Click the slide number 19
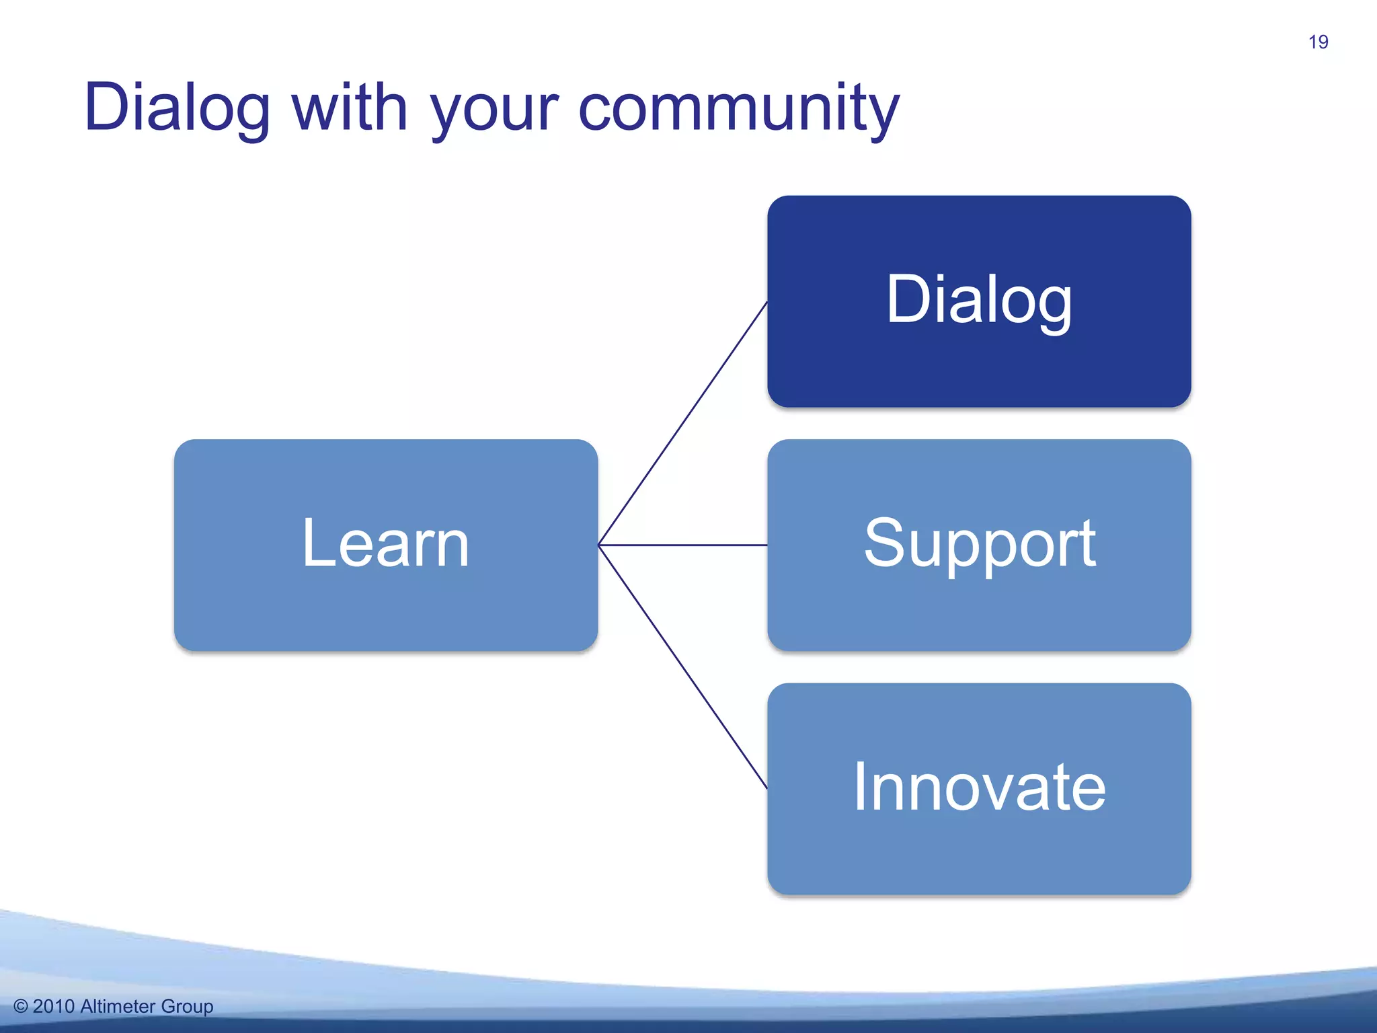point(1318,42)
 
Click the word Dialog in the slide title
point(178,108)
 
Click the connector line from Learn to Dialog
point(682,424)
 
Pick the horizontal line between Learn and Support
point(682,545)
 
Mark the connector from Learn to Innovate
point(682,666)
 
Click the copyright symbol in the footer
point(21,1007)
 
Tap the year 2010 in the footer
point(53,1006)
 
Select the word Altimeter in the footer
point(118,1006)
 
